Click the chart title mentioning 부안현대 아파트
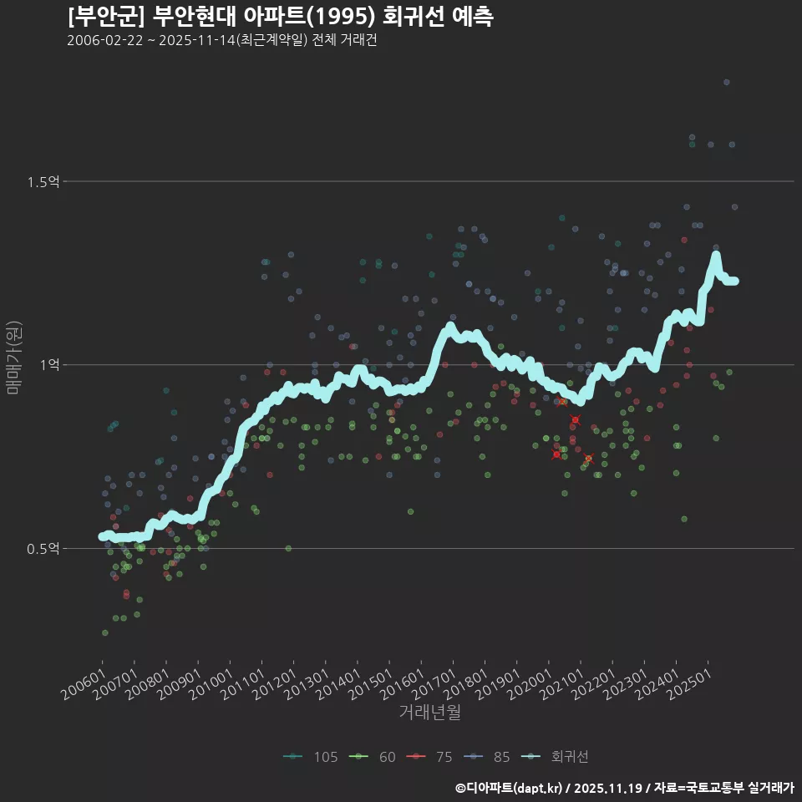tap(280, 16)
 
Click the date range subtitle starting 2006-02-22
tap(221, 40)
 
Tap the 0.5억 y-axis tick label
tap(42, 549)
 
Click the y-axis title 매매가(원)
tap(13, 358)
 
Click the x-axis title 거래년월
tap(430, 712)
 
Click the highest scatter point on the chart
tap(727, 82)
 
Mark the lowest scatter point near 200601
tap(104, 632)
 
